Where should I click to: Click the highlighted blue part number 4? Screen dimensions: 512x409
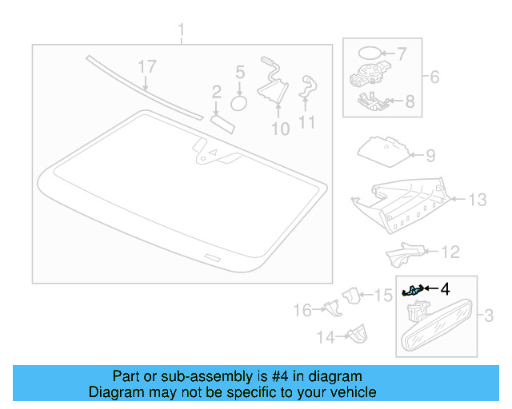tap(413, 291)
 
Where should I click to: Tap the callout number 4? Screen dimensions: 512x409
tap(445, 289)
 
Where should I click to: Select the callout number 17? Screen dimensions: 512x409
tap(147, 66)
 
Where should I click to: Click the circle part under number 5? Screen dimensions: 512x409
tap(238, 103)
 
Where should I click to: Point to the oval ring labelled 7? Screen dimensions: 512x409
tap(370, 53)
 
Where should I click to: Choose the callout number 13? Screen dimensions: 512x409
tap(478, 200)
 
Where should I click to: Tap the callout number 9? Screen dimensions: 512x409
tap(431, 156)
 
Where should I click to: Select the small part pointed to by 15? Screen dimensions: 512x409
tap(351, 296)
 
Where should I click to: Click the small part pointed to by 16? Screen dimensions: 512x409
tap(333, 308)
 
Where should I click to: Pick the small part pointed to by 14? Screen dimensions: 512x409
tap(358, 334)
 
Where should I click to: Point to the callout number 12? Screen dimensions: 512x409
tap(450, 252)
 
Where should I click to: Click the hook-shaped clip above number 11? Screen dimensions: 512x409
tap(308, 86)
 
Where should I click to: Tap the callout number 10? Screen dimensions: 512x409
tap(281, 129)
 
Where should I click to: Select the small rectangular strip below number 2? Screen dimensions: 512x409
tap(222, 125)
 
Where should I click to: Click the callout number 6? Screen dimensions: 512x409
tap(434, 77)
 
